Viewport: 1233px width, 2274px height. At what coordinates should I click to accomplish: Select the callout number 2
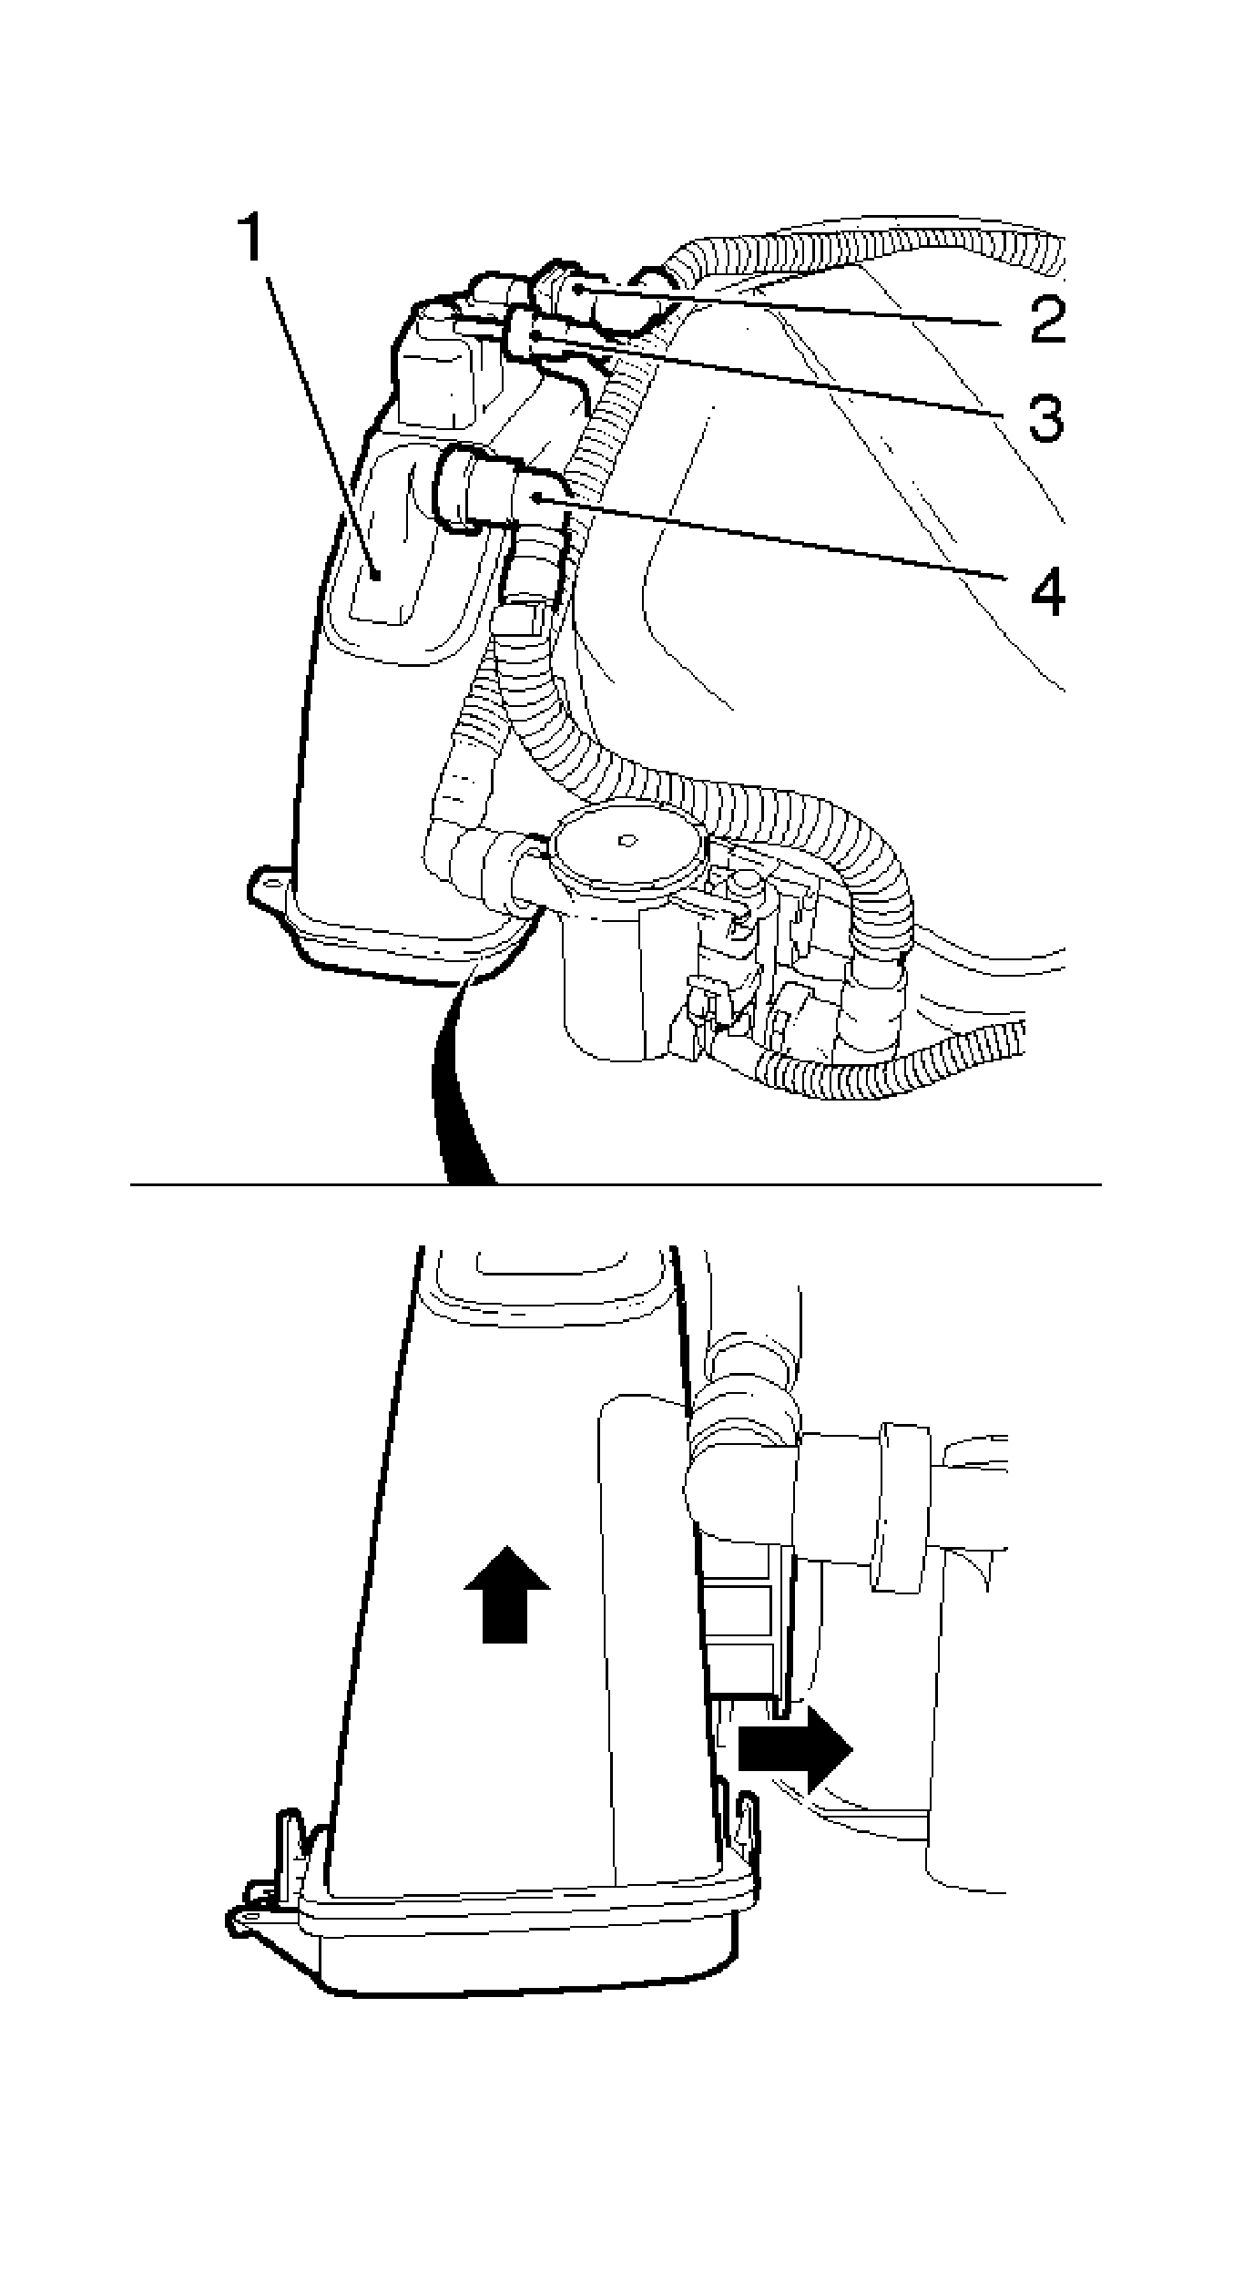pos(1047,319)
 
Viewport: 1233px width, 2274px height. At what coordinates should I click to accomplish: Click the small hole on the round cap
pos(626,839)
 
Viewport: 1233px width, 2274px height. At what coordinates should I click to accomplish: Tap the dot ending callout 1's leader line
pos(376,573)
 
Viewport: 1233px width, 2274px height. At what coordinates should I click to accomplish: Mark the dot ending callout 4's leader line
pos(539,497)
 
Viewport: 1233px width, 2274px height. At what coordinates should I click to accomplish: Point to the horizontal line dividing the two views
pos(616,1184)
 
